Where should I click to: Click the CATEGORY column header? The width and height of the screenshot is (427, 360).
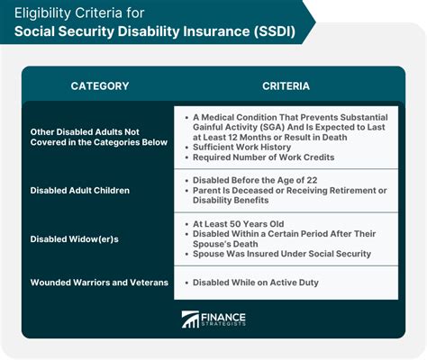pos(99,86)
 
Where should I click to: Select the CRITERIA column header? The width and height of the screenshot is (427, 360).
pos(287,86)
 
